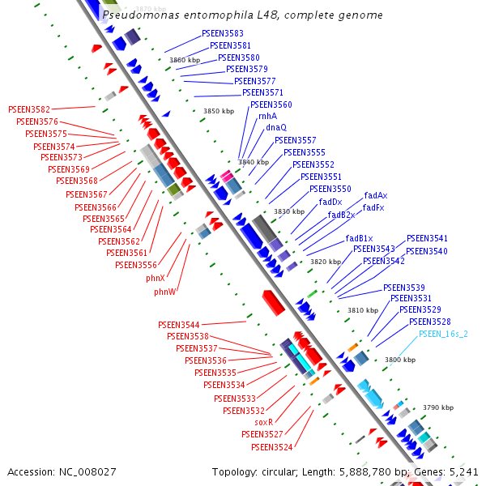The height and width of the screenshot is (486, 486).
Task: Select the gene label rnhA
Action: coord(267,117)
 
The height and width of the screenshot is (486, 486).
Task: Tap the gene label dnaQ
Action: coord(276,128)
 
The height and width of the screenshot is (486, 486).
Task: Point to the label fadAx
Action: coord(375,196)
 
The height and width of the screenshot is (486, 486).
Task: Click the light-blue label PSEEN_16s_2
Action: coord(443,334)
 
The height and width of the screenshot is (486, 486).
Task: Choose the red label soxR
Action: coord(264,423)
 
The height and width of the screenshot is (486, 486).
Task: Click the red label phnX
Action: coord(156,278)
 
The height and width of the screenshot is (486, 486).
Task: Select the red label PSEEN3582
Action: coord(29,109)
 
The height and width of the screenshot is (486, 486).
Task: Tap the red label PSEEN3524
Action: coord(271,447)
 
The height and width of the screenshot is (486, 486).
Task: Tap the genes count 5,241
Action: coord(464,471)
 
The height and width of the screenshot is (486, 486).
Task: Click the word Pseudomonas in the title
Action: coord(135,15)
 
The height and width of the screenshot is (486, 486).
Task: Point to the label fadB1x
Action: coord(360,239)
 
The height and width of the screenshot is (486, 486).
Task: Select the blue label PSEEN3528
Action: coord(429,322)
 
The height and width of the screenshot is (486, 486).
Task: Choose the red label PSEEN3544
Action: coord(179,325)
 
